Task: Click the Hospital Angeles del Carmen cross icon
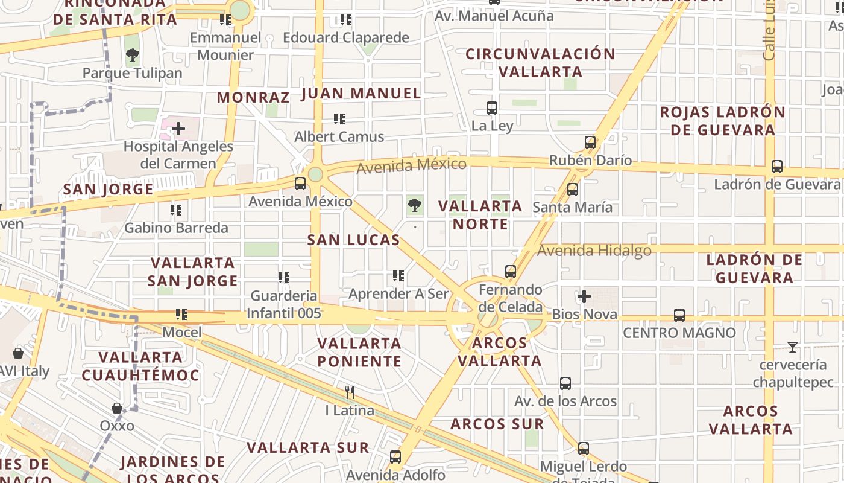pos(178,129)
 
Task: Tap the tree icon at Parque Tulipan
pos(132,56)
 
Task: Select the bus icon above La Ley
pos(492,108)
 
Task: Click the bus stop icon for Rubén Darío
pos(590,143)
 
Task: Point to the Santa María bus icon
pos(573,190)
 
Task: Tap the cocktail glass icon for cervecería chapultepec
pos(793,347)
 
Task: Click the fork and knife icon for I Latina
pos(350,392)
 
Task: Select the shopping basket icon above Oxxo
pos(117,408)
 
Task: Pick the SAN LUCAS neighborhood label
pos(353,240)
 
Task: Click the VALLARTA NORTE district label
pos(480,215)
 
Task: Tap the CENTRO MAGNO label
pos(679,333)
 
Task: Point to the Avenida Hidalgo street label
pos(594,250)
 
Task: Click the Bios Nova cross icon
pos(584,296)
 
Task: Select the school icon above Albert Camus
pos(339,119)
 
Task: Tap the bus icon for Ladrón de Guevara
pos(777,167)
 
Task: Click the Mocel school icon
pos(181,315)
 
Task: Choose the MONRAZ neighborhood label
pos(253,97)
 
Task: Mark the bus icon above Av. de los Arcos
pos(565,383)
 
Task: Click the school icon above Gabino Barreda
pos(175,210)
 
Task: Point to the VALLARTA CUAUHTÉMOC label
pos(140,366)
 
